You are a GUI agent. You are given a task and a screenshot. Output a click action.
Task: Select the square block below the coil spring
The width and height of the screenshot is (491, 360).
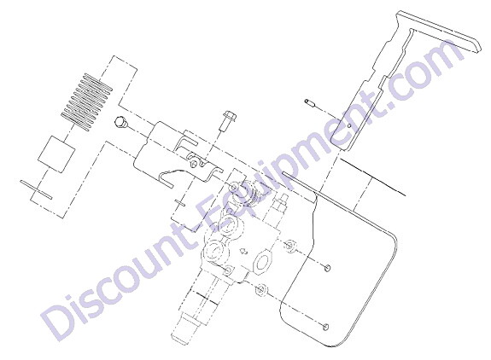point(56,154)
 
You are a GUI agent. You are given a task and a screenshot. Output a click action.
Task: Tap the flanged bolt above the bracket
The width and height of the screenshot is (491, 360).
point(229,121)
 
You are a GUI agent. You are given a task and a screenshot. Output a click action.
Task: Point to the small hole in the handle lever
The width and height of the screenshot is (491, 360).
point(349,126)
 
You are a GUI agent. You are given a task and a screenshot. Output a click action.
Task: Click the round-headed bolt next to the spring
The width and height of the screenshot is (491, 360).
point(120,122)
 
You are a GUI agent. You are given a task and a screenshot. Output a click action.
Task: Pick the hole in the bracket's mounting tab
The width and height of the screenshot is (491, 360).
point(196,164)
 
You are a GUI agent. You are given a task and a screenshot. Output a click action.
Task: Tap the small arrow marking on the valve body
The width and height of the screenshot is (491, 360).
point(243,251)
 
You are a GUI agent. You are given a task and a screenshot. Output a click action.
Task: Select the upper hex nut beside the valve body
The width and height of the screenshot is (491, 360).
point(290,245)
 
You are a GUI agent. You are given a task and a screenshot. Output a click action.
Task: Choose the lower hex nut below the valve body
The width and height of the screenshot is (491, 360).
point(260,290)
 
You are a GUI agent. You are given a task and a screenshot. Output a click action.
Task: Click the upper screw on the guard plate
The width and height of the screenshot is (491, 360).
point(327,267)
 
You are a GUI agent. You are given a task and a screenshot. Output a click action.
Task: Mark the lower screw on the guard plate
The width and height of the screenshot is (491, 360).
point(325,327)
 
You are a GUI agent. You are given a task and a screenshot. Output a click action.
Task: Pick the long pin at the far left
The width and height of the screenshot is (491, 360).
point(37,189)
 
